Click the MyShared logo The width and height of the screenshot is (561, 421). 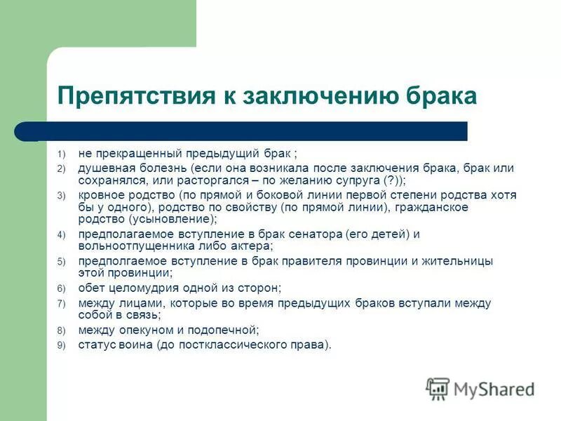[480, 389]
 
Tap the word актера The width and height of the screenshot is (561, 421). [251, 246]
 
